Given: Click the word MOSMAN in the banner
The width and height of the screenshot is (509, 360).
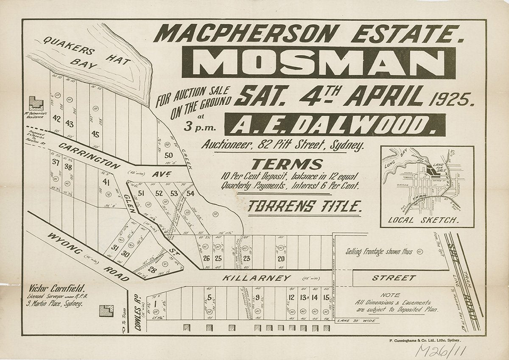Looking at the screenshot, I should coord(319,63).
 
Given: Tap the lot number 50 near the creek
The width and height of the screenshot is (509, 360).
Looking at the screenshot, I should coord(169,155).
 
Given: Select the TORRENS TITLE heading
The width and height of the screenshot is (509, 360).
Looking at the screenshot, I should coord(305,207).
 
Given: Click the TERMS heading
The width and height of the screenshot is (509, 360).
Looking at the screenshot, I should coord(287,164).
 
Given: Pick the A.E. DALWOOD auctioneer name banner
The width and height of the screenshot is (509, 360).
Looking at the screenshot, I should coord(335,125).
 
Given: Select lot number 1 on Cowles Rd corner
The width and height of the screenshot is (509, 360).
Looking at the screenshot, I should coord(156,303).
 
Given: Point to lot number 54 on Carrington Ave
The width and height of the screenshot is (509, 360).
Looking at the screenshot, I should coord(190,194).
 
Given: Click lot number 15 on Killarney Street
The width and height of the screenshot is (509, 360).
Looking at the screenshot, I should coord(326,297).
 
